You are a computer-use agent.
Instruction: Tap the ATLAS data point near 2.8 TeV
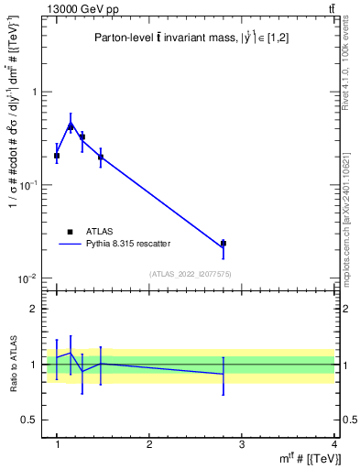click(223, 244)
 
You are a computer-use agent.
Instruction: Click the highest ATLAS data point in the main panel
click(71, 127)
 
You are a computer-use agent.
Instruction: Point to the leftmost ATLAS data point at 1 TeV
click(57, 156)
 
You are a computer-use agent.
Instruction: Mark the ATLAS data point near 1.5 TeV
click(101, 157)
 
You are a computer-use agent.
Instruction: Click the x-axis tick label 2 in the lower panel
click(149, 444)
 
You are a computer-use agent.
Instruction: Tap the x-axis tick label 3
click(241, 444)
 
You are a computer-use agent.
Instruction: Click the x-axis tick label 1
click(57, 444)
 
